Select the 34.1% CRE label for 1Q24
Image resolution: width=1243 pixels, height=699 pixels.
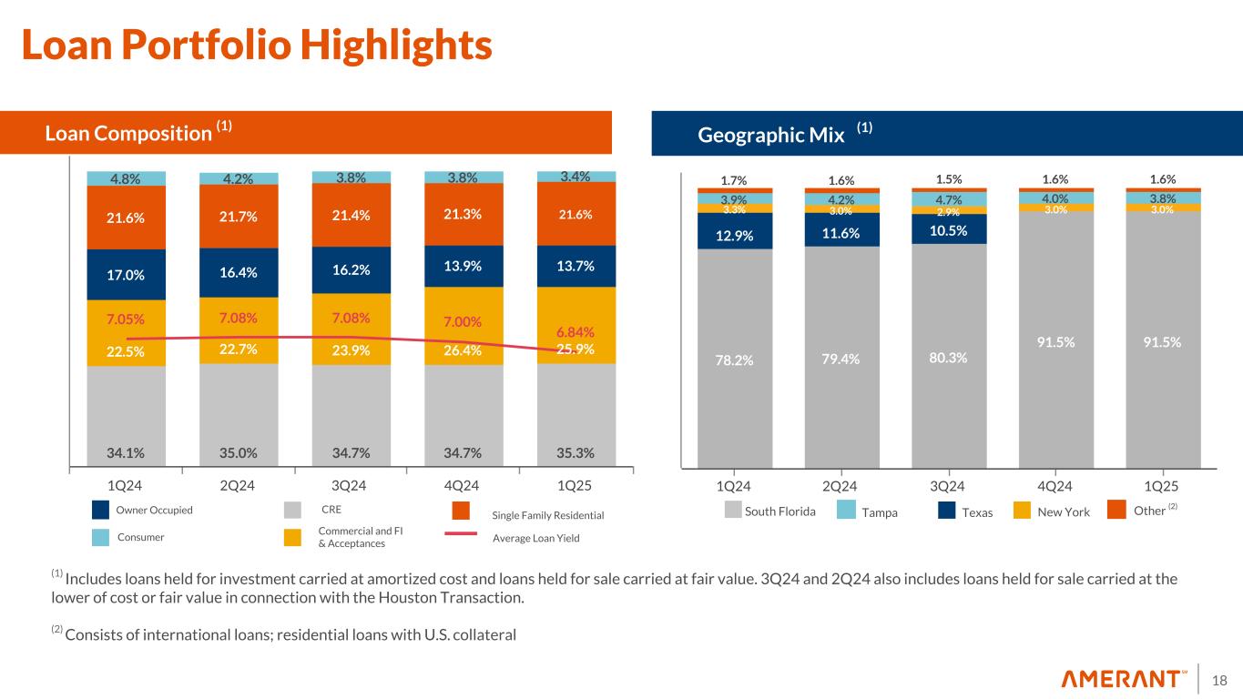[127, 451]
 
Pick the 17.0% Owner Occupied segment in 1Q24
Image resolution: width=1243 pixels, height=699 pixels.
[127, 274]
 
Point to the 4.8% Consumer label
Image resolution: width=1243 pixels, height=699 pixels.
[127, 178]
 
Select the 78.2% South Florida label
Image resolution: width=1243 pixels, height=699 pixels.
[735, 360]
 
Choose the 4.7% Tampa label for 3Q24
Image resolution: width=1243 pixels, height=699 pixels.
[949, 198]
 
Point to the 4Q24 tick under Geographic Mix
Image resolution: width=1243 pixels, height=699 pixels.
[1056, 485]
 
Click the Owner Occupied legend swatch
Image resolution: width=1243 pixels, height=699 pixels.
[101, 510]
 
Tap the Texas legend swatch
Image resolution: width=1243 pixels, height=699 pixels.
[947, 512]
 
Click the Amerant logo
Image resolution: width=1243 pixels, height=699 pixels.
[1125, 679]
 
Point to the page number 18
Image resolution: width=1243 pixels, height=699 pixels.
[1220, 679]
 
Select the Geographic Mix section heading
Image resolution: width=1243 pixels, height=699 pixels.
[771, 135]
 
